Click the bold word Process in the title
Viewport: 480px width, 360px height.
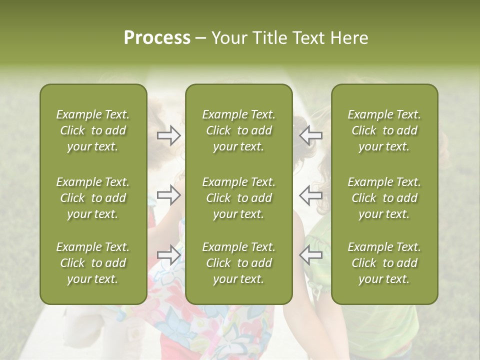click(157, 38)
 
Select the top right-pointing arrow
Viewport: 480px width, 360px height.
click(168, 135)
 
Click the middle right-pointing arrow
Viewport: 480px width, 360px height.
click(168, 195)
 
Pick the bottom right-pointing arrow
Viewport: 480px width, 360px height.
click(168, 255)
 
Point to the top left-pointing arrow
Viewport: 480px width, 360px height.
click(311, 135)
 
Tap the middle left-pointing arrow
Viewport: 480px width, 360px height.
click(311, 195)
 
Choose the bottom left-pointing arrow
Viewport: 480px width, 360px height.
click(311, 255)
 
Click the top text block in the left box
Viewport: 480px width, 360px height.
click(93, 130)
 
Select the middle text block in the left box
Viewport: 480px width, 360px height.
click(93, 198)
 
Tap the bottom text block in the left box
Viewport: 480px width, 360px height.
click(93, 263)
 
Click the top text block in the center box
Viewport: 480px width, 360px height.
click(238, 130)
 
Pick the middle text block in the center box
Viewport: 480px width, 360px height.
click(238, 198)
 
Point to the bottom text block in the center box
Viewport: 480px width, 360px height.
click(238, 263)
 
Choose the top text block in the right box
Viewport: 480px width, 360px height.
click(384, 130)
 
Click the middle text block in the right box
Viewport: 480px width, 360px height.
click(384, 198)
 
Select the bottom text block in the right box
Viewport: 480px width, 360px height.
click(384, 263)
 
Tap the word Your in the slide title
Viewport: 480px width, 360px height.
click(229, 38)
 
